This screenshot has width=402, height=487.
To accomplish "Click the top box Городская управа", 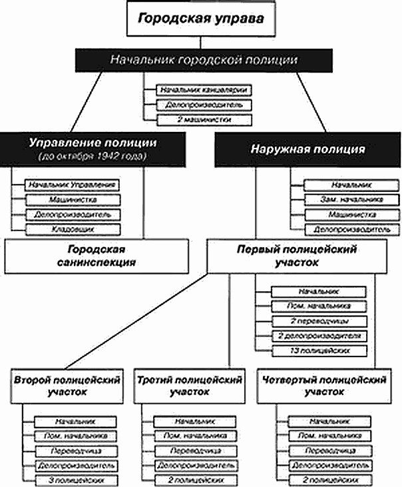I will click(200, 19).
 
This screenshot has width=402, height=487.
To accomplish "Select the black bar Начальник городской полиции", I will click(200, 60).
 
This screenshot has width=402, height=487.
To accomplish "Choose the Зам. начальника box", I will click(342, 199).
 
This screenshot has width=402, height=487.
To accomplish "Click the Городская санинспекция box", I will click(100, 255).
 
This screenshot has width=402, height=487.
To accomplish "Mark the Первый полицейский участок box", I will click(297, 255).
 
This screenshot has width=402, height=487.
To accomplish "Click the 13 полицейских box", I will click(319, 350).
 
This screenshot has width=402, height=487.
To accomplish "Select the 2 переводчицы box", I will click(319, 321).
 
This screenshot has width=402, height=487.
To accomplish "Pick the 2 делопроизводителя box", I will click(319, 336).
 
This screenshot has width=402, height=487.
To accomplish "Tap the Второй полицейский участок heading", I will click(67, 386).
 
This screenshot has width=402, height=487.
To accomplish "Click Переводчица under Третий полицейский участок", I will click(194, 450).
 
